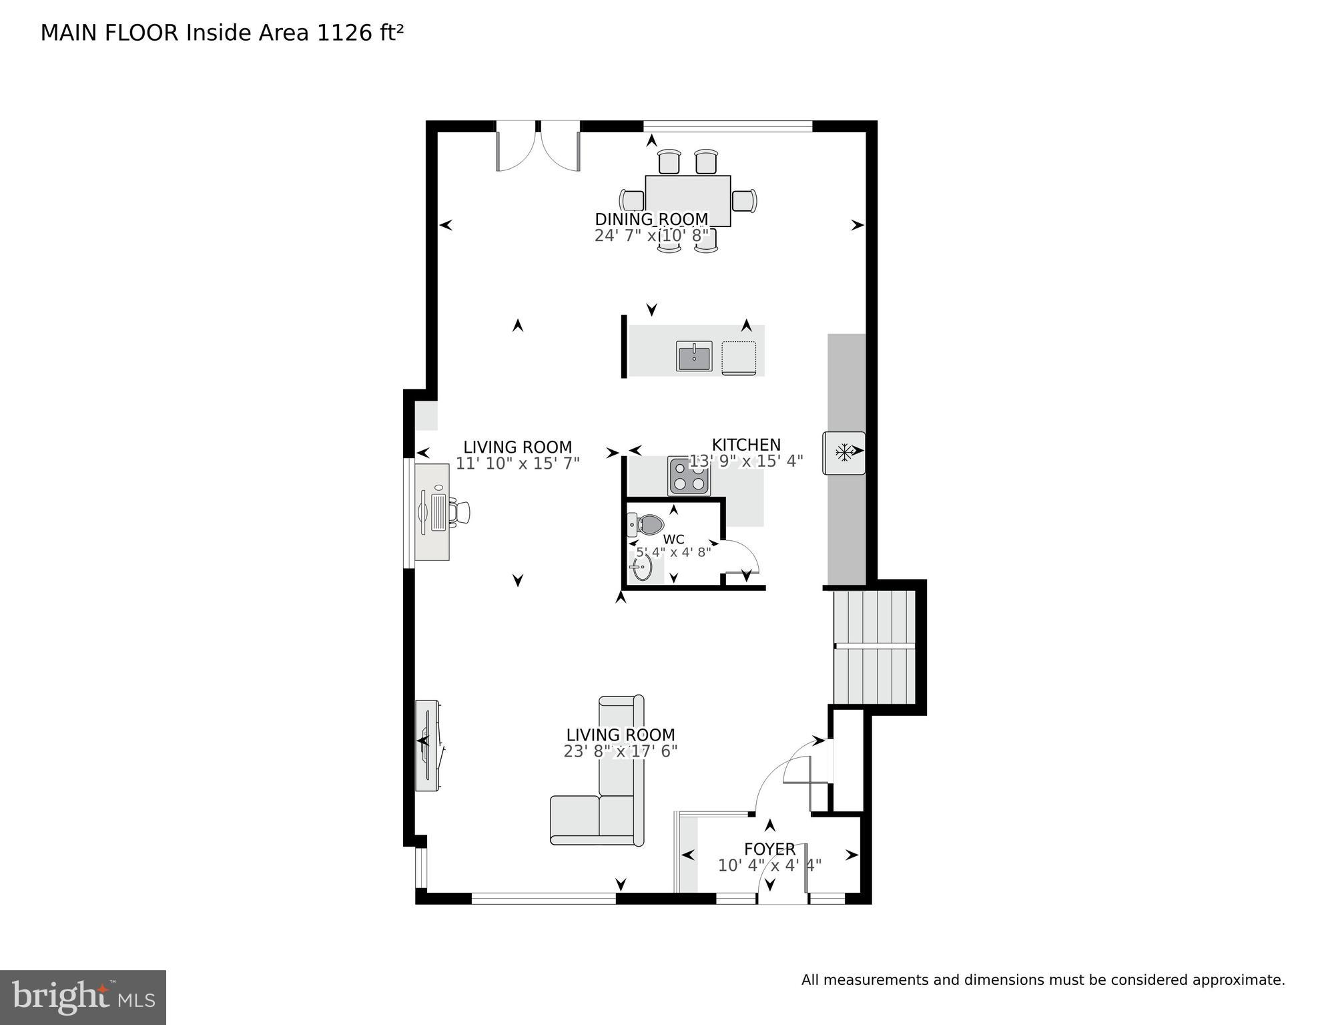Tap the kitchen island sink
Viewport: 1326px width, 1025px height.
(695, 355)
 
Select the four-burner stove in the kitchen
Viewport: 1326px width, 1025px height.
(689, 477)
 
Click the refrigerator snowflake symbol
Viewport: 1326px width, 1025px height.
(844, 453)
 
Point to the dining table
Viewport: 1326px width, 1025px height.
(688, 200)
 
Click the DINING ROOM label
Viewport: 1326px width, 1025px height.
(651, 219)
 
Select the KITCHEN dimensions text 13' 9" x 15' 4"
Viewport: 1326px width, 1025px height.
(746, 461)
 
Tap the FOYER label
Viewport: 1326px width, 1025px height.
(769, 849)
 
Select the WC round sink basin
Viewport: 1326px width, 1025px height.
(642, 569)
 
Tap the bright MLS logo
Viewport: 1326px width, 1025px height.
(83, 998)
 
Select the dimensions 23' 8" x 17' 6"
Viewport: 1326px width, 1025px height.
(620, 751)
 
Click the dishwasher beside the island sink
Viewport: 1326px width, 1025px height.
(739, 357)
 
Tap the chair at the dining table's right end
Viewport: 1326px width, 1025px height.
(745, 200)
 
